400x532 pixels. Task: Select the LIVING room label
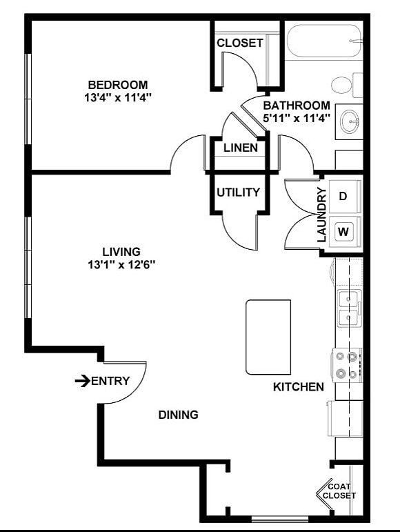pos(121,252)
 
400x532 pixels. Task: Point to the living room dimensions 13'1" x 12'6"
pos(121,265)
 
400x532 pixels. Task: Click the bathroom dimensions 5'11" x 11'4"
pos(297,118)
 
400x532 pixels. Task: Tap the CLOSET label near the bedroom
pos(239,43)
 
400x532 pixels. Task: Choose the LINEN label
pos(241,148)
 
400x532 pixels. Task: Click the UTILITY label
pos(239,193)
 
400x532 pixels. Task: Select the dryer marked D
pos(343,196)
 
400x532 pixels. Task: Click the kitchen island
pos(268,337)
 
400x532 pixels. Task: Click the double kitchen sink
pos(349,308)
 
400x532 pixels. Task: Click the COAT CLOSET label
pos(339,491)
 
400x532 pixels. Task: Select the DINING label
pos(178,415)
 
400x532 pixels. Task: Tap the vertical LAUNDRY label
pos(321,214)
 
